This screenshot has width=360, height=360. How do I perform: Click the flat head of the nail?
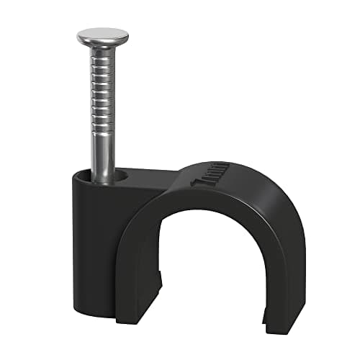point(102,36)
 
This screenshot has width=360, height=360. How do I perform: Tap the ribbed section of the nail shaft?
point(102,94)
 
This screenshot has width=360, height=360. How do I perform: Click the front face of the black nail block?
point(94,245)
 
